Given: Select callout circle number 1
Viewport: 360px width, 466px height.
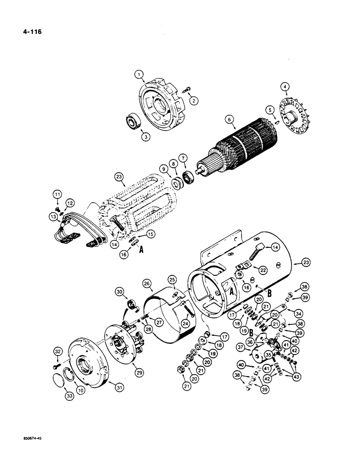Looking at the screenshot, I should (x=138, y=74).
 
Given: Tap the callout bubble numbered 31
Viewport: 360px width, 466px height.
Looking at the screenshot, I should (x=113, y=383).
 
